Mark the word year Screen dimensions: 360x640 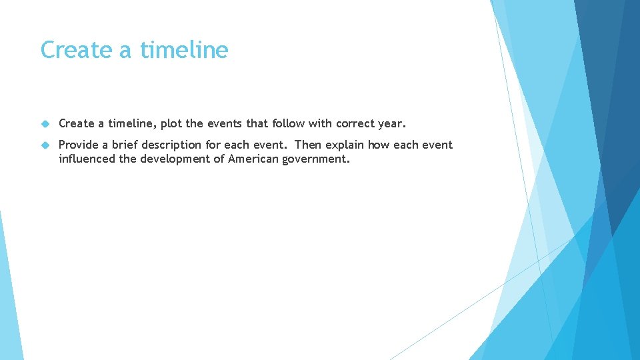[x=394, y=124]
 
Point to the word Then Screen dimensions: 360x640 [x=307, y=145]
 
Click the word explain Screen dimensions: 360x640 [x=345, y=145]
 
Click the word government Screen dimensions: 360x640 [x=316, y=159]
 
